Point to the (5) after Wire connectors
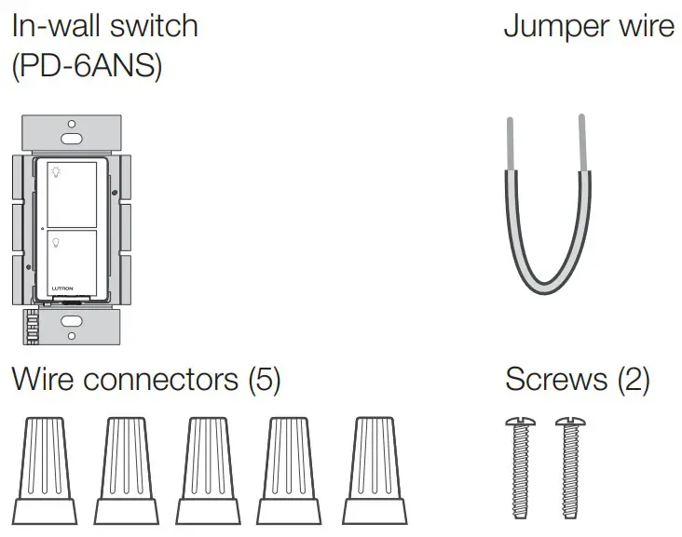click(263, 380)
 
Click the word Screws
click(550, 380)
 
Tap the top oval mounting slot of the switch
click(71, 138)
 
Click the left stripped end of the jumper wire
click(510, 143)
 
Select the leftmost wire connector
click(45, 470)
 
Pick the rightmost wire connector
click(374, 470)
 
